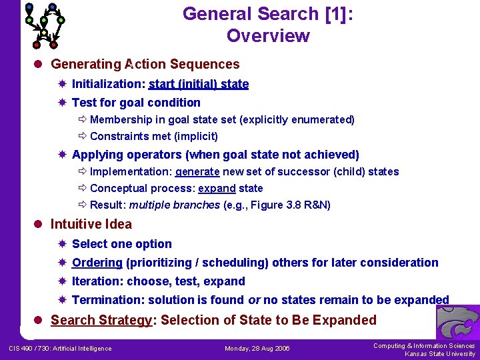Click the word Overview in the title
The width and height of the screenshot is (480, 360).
click(268, 36)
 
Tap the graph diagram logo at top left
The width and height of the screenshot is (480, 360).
click(45, 25)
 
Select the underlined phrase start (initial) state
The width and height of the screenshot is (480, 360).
click(199, 84)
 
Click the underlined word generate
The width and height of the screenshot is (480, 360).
click(197, 171)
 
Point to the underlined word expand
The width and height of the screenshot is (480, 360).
click(217, 188)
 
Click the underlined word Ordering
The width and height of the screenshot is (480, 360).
click(97, 263)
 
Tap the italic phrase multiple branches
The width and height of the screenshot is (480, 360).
click(175, 205)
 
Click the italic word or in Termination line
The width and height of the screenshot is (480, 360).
click(254, 300)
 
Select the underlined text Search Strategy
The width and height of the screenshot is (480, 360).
click(101, 320)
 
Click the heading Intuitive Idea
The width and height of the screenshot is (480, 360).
click(91, 224)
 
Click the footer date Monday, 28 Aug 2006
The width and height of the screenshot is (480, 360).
click(257, 349)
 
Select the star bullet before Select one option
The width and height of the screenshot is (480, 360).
click(61, 244)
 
